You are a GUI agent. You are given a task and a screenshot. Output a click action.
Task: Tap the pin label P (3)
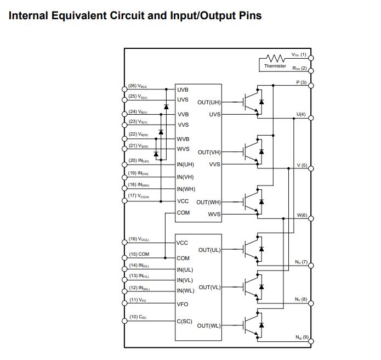coord(301,82)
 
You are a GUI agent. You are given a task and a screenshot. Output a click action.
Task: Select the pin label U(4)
coord(301,114)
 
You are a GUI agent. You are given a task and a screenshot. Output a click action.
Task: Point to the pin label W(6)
coord(302,215)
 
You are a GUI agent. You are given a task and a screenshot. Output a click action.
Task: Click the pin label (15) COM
coord(139,254)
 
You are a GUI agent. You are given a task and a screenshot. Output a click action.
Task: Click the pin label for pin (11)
coord(137,300)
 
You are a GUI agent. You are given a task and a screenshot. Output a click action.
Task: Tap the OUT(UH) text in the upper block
coord(209,103)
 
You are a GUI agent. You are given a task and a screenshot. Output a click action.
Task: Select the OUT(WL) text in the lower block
coord(209,325)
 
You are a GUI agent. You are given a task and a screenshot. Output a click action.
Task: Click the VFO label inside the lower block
coord(183,304)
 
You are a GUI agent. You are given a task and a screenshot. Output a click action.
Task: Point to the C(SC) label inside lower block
coord(184,321)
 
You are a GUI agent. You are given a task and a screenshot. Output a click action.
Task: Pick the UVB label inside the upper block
coord(183,89)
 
